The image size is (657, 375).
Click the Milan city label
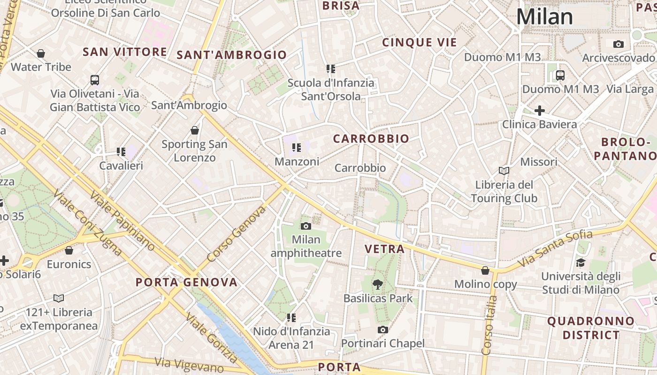[544, 17]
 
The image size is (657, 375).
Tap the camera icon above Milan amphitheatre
[306, 226]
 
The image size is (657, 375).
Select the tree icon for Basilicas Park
[377, 284]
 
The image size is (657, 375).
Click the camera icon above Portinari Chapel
[383, 330]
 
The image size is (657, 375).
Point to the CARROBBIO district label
[371, 139]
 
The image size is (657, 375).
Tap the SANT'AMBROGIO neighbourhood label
[231, 55]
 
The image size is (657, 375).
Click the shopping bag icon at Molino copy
[485, 270]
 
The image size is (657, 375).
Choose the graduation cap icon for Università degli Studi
[581, 262]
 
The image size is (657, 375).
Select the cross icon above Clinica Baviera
[540, 111]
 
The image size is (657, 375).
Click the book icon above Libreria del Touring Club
[504, 171]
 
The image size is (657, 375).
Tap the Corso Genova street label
[236, 234]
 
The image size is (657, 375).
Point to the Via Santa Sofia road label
[556, 250]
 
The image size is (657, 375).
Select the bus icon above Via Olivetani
[95, 80]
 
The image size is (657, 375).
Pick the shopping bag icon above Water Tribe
[41, 53]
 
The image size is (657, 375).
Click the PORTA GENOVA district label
[186, 282]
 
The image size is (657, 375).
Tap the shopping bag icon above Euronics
[69, 251]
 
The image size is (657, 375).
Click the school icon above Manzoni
[296, 148]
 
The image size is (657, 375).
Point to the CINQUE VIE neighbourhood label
[419, 43]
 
